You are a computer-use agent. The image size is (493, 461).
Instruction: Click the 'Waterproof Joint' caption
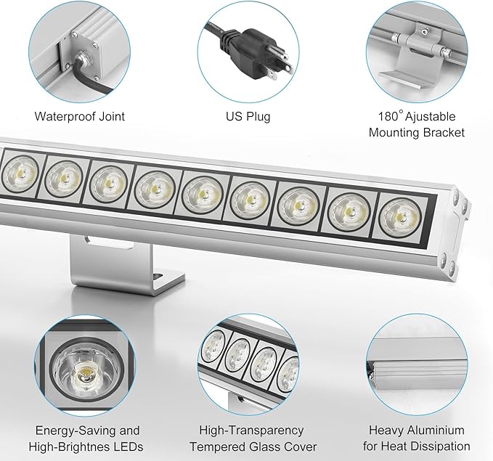[x=80, y=116]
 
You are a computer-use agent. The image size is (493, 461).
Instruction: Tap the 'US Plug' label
[x=248, y=116]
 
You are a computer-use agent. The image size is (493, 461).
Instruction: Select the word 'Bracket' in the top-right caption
[x=440, y=132]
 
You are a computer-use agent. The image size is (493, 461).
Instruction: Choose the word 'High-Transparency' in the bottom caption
[x=248, y=431]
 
